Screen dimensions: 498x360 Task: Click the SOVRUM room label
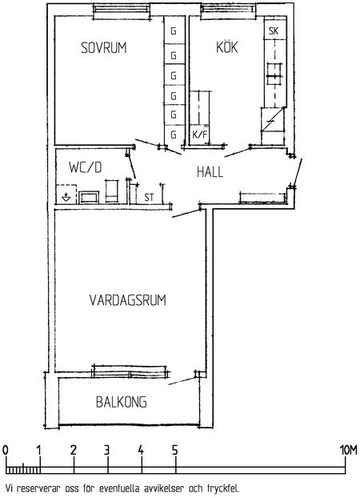105,49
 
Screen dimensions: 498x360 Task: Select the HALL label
210,171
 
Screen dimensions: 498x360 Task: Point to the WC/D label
86,167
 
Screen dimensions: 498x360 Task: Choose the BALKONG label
122,402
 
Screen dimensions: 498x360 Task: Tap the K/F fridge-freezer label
199,135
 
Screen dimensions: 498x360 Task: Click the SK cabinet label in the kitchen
274,31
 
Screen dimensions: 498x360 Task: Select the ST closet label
149,195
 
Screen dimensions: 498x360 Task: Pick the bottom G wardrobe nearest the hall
173,135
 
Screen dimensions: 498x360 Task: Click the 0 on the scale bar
6,450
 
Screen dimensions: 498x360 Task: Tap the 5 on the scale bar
174,450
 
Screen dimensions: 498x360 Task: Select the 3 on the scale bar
106,450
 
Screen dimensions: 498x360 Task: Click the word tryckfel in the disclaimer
221,486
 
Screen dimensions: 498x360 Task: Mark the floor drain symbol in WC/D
65,195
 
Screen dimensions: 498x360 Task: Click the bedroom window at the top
121,10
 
